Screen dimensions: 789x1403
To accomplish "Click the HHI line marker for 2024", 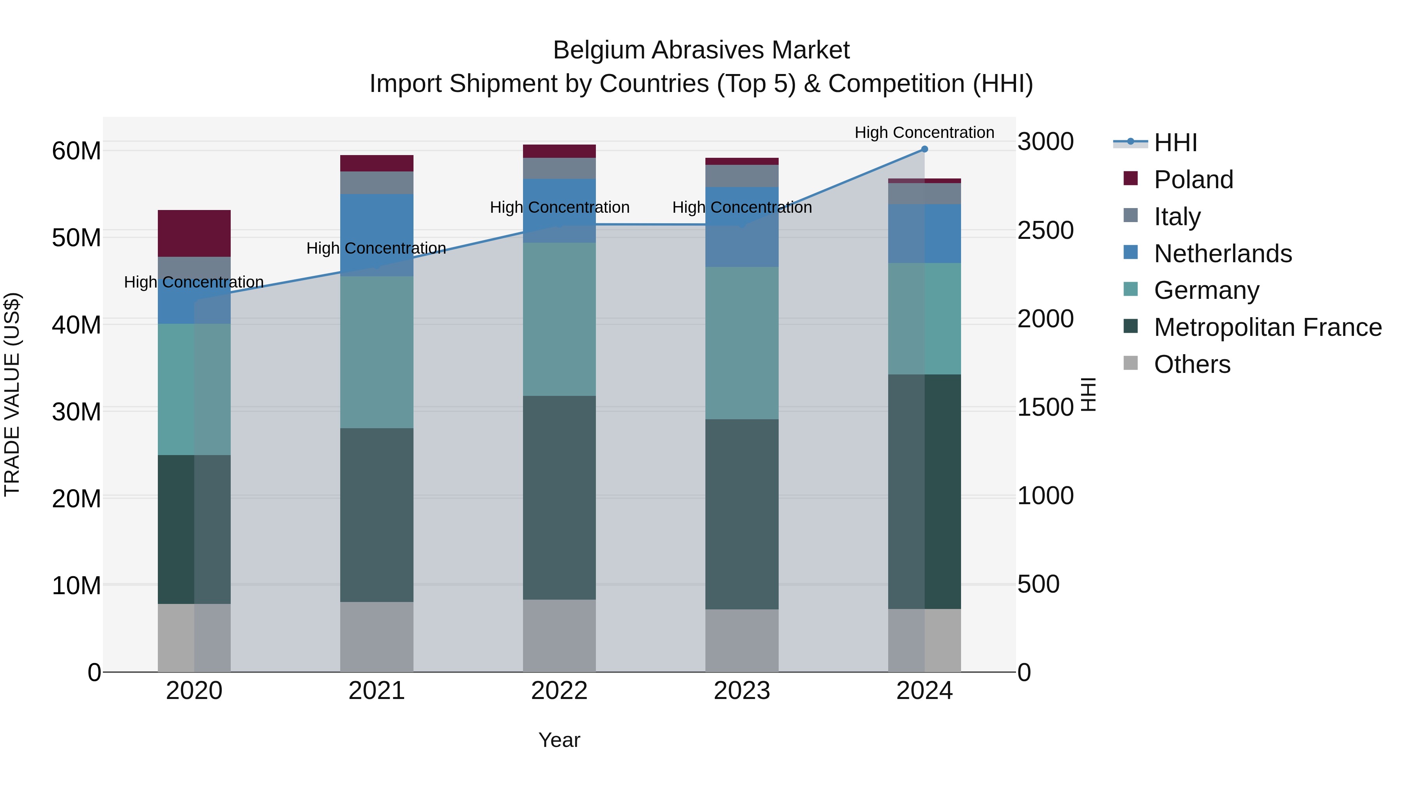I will [x=924, y=149].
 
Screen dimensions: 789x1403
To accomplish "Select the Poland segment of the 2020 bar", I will [x=194, y=233].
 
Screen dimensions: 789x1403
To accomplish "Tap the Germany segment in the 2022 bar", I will [x=559, y=319].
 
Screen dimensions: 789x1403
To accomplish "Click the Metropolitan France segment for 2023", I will [x=742, y=514].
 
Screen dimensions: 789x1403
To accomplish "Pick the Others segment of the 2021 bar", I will [x=376, y=637].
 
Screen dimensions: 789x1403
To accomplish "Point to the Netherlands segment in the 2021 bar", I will [x=376, y=235].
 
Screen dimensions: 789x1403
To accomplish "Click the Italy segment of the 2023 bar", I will [x=742, y=176].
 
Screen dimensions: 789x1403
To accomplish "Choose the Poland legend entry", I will [x=1193, y=180].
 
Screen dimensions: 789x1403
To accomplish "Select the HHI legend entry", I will [x=1175, y=143].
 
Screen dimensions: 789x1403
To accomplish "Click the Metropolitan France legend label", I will [x=1267, y=327].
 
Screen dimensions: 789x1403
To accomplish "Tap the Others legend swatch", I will [x=1131, y=363].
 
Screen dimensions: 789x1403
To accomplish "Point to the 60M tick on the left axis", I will [x=76, y=151].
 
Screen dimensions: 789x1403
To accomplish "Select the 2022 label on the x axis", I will [x=559, y=691].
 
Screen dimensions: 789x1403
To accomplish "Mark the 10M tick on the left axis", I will [x=76, y=585].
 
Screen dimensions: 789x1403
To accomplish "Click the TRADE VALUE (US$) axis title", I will [x=12, y=394].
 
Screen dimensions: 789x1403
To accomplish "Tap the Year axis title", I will [x=559, y=740].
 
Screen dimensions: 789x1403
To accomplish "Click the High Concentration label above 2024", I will [x=924, y=132].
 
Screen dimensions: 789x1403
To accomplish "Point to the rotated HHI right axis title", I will [x=1088, y=394].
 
